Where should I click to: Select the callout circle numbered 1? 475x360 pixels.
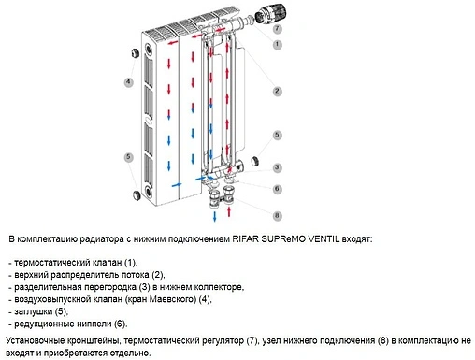pyautogui.click(x=276, y=45)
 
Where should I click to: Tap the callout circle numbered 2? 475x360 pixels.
pyautogui.click(x=277, y=91)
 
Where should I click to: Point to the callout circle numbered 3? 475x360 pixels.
pyautogui.click(x=277, y=167)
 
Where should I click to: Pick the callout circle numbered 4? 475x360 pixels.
pyautogui.click(x=128, y=81)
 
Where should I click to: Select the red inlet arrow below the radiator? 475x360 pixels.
pyautogui.click(x=230, y=217)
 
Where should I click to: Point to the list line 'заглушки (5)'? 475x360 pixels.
pyautogui.click(x=36, y=311)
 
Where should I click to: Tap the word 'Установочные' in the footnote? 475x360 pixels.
pyautogui.click(x=37, y=340)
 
